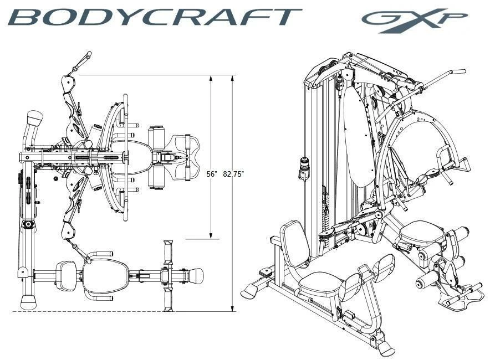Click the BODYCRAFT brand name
(x=150, y=17)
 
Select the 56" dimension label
(x=211, y=174)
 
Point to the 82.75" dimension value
(x=234, y=174)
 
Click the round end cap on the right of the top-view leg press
(x=195, y=275)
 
